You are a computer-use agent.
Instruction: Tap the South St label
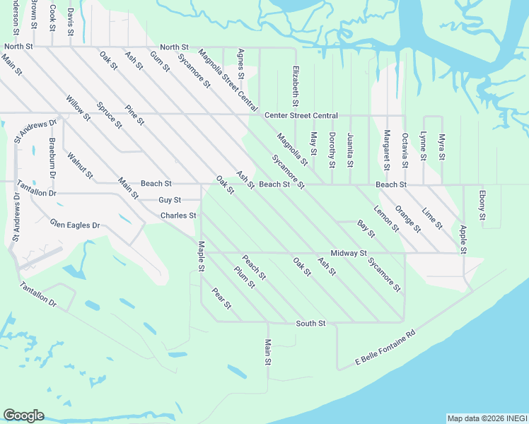pos(310,324)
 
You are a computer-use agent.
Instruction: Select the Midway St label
pos(349,253)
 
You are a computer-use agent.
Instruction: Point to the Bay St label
pos(366,228)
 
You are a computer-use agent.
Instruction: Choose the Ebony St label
pos(482,204)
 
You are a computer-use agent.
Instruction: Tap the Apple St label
pos(463,239)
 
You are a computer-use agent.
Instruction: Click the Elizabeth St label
pos(296,88)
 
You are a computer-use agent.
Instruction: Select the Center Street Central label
pos(301,115)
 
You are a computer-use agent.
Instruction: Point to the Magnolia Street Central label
pos(228,80)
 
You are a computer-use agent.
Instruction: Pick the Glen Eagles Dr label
pos(76,225)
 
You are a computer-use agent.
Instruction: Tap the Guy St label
pos(170,200)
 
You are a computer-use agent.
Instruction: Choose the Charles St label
pos(178,216)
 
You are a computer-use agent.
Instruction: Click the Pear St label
pos(221,299)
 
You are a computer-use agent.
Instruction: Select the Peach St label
pos(253,266)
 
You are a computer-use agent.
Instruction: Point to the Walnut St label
pos(80,165)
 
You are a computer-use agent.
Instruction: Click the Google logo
pos(23,416)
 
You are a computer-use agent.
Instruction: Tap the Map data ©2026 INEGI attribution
pos(487,418)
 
